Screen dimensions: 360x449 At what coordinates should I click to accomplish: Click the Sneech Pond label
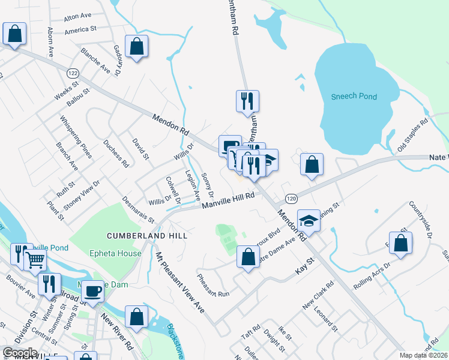coord(353,96)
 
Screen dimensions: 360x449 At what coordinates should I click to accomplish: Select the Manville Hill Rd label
coord(228,200)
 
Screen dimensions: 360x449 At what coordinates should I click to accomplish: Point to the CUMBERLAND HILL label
coord(148,236)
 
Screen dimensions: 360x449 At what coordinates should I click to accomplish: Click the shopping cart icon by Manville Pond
coord(35,260)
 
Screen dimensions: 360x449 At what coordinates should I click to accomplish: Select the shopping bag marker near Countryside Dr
coord(400,243)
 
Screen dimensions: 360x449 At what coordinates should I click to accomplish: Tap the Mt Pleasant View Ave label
coord(179,282)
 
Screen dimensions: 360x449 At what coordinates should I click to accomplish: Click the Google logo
coord(20,353)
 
